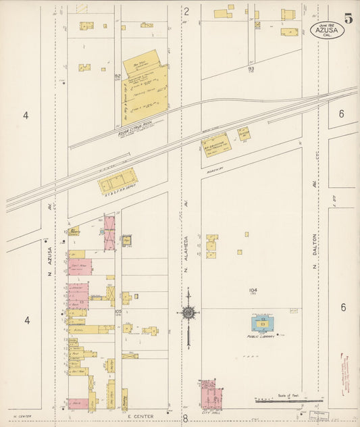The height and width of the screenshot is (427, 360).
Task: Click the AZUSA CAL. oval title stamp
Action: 327,30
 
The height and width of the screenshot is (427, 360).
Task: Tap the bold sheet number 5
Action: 348,18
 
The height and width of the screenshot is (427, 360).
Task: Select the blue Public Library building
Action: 263,324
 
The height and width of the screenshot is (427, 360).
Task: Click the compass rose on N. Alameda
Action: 188,313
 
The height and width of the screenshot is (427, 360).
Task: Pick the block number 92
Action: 117,76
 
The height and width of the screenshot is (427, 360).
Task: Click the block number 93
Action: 251,68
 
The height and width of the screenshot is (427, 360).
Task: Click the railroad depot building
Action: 118,181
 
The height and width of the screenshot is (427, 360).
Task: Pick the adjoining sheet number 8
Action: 185,419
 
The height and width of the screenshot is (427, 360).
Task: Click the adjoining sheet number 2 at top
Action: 186,10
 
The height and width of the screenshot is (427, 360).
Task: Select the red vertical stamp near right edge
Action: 351,372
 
